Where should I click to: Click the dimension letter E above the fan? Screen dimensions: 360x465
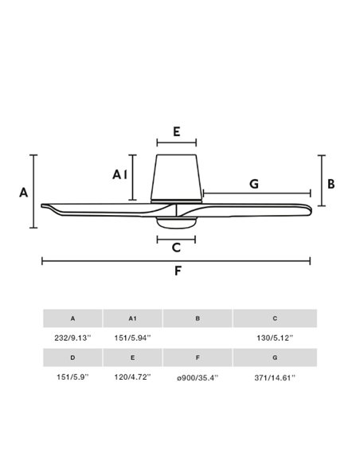coord(177,131)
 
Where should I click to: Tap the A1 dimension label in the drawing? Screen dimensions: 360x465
coord(119,174)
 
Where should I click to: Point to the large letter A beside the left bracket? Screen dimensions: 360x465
coord(23,193)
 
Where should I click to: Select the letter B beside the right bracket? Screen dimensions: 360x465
coord(331,184)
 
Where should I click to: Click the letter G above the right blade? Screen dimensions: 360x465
coord(254,184)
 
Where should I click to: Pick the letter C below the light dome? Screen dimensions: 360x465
coord(177,247)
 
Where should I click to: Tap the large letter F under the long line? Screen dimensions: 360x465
coord(178,271)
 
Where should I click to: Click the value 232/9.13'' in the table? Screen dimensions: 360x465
coord(72,338)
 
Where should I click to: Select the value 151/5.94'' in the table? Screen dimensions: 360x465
coord(132,338)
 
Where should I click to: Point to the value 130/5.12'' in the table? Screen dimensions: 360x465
coord(275,338)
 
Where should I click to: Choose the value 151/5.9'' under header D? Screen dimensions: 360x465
coord(72,377)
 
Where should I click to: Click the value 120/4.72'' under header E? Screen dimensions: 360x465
coord(132,377)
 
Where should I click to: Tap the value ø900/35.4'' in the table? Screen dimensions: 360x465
coord(198,377)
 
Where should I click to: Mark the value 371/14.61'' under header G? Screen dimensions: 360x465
coord(275,377)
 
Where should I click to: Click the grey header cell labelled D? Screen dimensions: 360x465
coord(72,358)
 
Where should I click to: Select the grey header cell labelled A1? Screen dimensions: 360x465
coord(132,318)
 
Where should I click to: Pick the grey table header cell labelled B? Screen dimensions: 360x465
coord(198,318)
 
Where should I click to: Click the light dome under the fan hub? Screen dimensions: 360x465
coord(177,223)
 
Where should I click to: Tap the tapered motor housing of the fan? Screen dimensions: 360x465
coord(177,177)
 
